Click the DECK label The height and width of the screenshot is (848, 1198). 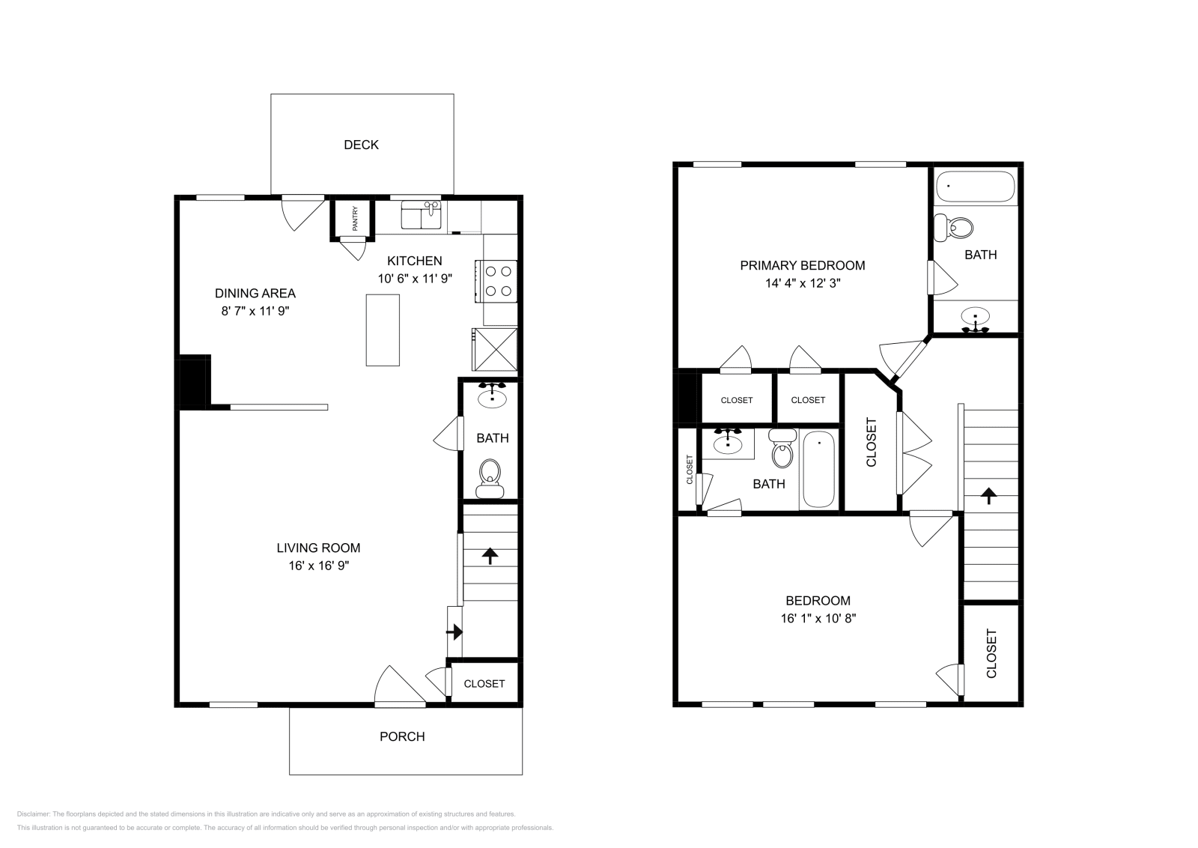361,145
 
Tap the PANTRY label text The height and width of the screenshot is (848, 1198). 356,219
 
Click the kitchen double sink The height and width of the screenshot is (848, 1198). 421,215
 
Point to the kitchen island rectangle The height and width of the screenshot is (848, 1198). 383,330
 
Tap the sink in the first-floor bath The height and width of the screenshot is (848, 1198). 492,397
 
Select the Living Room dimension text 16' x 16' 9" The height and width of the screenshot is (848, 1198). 319,566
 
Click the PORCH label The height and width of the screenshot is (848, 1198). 402,736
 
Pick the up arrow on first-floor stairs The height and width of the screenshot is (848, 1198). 490,555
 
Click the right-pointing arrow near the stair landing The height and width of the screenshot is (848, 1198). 454,632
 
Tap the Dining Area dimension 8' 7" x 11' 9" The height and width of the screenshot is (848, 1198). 255,311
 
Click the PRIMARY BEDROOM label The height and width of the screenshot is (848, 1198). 802,265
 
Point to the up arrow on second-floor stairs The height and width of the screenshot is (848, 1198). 989,494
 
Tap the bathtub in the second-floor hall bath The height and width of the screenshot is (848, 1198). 818,470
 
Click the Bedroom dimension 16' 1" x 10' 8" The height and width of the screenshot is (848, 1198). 818,618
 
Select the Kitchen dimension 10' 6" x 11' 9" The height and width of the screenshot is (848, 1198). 415,278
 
